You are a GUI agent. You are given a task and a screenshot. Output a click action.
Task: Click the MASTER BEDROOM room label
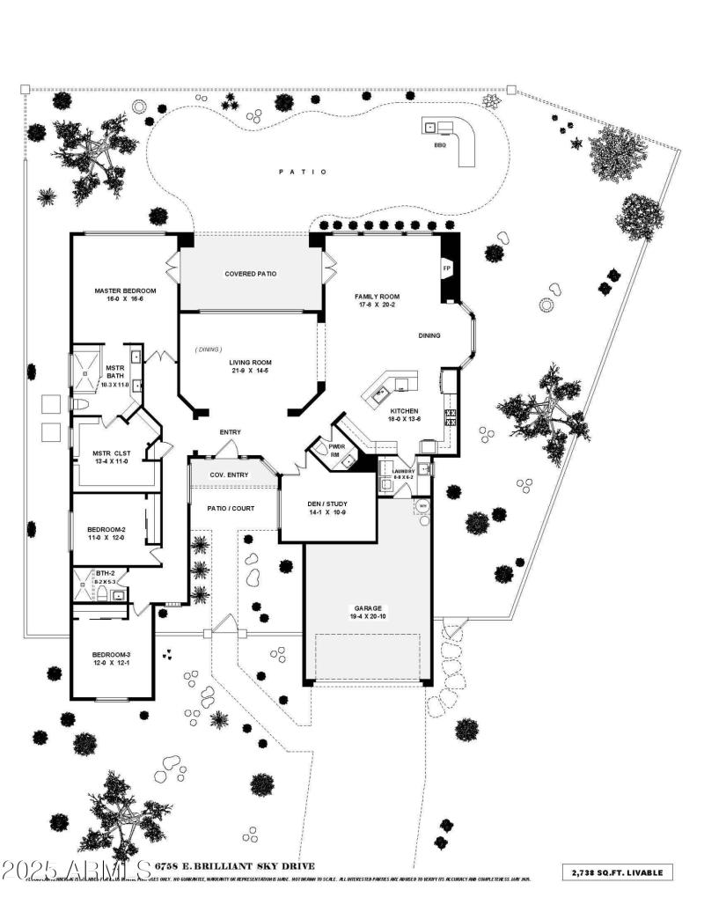[126, 291]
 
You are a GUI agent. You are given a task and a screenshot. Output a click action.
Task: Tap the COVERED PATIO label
[250, 274]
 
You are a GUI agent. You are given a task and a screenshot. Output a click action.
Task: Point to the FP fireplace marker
[446, 266]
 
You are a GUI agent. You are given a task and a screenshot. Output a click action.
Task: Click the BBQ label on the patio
[440, 145]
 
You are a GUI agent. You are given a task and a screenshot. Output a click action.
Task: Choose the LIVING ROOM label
[251, 363]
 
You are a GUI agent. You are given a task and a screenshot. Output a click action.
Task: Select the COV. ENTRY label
[229, 475]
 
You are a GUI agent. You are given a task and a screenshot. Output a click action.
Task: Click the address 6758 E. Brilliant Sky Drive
[223, 866]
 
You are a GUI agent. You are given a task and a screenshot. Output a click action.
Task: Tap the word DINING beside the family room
[429, 335]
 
